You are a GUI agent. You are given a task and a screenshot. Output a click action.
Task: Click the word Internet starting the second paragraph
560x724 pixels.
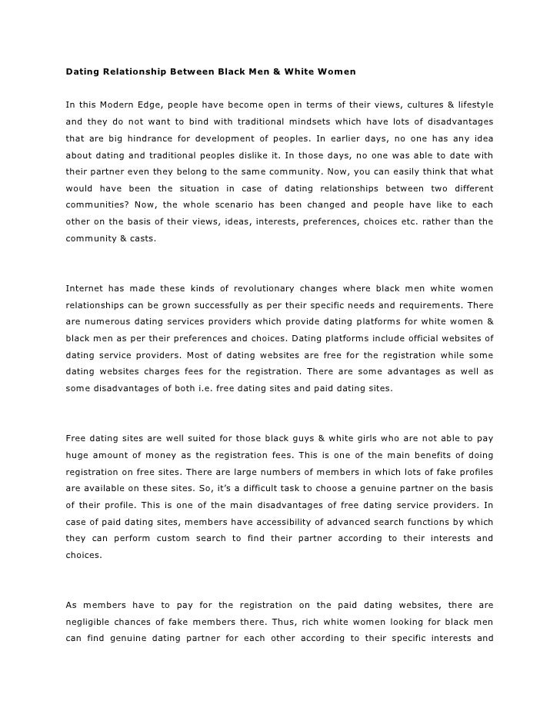point(87,288)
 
